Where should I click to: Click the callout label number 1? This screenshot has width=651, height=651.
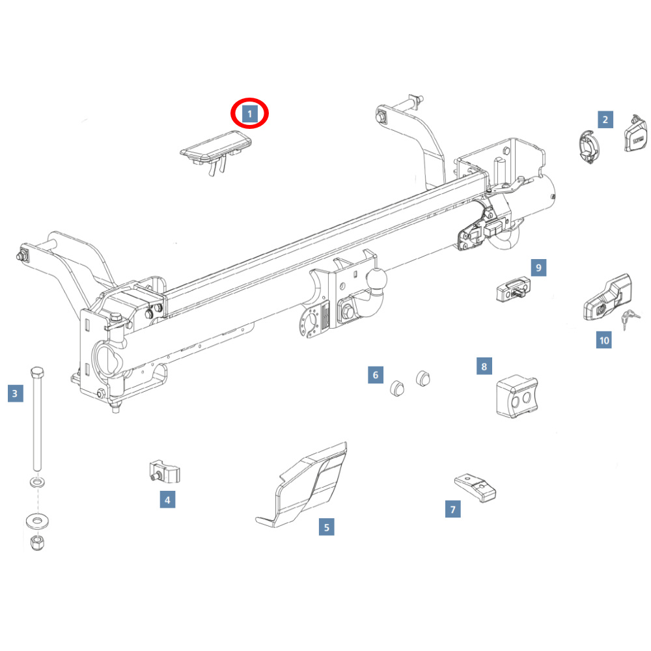pyautogui.click(x=249, y=115)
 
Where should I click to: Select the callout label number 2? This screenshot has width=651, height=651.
pyautogui.click(x=605, y=119)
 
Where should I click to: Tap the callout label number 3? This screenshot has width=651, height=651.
pyautogui.click(x=16, y=393)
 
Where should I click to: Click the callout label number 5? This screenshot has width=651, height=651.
pyautogui.click(x=326, y=527)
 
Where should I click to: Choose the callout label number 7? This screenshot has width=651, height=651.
pyautogui.click(x=453, y=509)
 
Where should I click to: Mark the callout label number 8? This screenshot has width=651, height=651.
pyautogui.click(x=484, y=367)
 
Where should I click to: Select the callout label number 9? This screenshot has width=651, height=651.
pyautogui.click(x=538, y=267)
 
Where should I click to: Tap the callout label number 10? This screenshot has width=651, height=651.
pyautogui.click(x=603, y=340)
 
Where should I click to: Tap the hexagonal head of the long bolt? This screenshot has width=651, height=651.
pyautogui.click(x=37, y=375)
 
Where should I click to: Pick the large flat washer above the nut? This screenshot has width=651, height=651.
pyautogui.click(x=36, y=520)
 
